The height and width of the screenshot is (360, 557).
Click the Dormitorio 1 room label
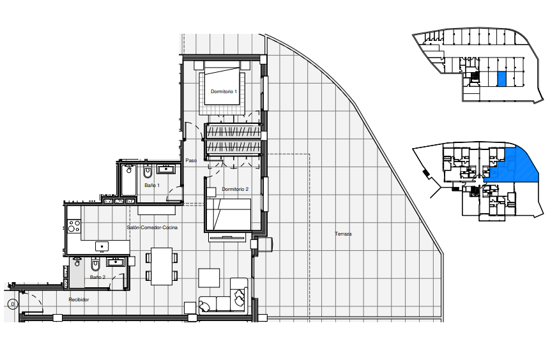[224, 92]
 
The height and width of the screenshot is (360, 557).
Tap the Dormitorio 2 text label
[235, 189]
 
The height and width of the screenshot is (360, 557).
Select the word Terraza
[343, 234]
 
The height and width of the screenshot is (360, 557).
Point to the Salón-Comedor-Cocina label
[152, 228]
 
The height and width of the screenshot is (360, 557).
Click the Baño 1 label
[152, 185]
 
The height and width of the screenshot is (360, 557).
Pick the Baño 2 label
[98, 277]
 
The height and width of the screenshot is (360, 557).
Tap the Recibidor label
[79, 299]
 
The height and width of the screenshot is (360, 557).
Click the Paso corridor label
[191, 160]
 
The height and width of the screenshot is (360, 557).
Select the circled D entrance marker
[13, 304]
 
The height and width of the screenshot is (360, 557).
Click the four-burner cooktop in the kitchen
[74, 226]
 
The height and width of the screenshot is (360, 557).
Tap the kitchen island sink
[102, 246]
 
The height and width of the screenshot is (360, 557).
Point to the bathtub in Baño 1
[128, 180]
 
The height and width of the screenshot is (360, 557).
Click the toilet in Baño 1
[148, 172]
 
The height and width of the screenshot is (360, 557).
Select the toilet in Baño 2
[95, 264]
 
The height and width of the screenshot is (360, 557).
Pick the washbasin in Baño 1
[166, 169]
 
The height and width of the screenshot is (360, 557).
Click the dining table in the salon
[162, 266]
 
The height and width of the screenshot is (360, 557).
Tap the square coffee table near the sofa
[209, 278]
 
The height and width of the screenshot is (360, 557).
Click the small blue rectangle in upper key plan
[501, 79]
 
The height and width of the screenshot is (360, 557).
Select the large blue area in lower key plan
[515, 167]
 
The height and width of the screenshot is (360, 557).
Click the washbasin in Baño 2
[115, 262]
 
